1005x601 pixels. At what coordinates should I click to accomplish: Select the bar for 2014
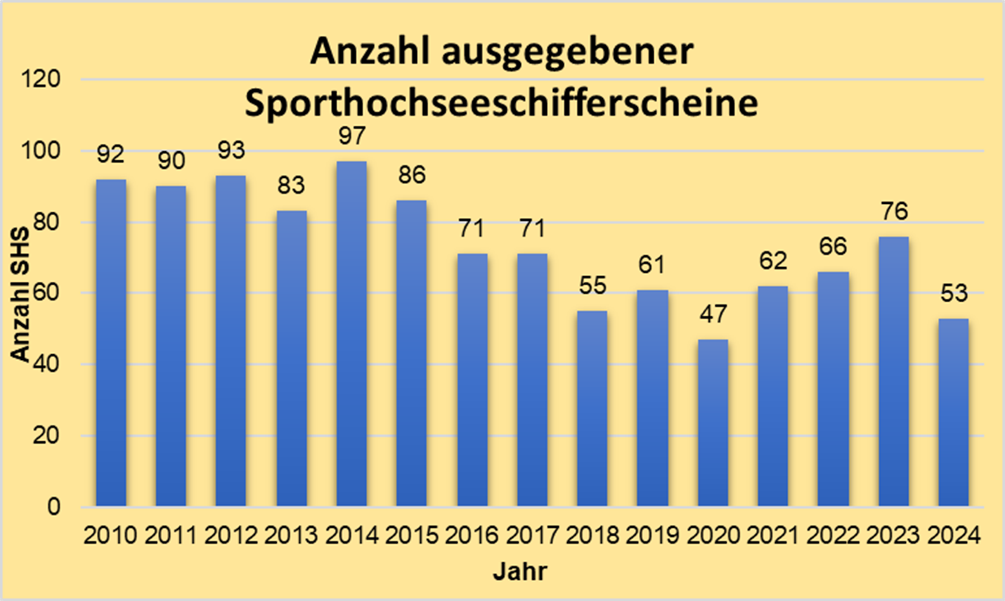point(351,334)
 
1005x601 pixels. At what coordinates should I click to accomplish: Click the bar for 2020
point(713,422)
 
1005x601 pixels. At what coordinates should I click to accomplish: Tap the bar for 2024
point(954,412)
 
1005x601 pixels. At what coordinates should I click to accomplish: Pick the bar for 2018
point(592,408)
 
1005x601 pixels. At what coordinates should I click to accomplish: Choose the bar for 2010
point(111,342)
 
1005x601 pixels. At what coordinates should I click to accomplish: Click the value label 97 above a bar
point(351,136)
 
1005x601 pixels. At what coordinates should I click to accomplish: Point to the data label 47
point(713,314)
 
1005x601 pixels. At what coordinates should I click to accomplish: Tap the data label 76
point(893,211)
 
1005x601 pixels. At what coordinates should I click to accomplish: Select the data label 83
point(291,186)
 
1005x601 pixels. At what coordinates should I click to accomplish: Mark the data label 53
point(954,293)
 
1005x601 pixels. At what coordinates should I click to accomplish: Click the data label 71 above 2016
point(472,228)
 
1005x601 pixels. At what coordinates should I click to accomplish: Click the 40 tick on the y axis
point(46,364)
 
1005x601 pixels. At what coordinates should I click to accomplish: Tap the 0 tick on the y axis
point(54,507)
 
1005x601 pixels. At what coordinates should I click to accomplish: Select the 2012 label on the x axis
point(231,536)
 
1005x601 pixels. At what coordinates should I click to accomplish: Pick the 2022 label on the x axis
point(833,536)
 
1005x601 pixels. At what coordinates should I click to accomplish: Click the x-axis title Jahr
point(519,571)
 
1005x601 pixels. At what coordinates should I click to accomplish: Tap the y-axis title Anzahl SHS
point(21,294)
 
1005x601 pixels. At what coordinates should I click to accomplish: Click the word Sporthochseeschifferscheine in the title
point(501,103)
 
